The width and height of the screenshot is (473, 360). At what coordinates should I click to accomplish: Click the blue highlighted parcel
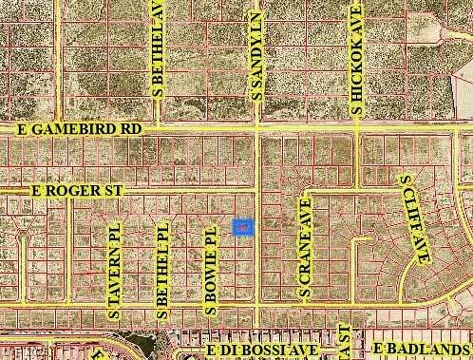[x=243, y=228]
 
